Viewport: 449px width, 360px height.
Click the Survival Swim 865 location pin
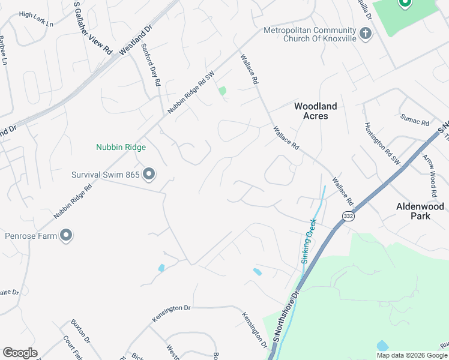click(x=149, y=175)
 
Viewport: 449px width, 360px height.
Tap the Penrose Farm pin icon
click(x=67, y=236)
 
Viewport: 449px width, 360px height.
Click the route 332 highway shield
click(x=348, y=215)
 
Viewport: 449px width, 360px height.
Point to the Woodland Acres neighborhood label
click(x=315, y=111)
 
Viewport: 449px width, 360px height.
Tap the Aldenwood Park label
click(x=420, y=211)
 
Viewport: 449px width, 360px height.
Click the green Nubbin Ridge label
click(x=121, y=147)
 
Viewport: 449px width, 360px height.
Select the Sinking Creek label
click(x=307, y=241)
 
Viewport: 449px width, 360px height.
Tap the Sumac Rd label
click(x=415, y=122)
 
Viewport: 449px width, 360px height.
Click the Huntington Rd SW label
click(x=381, y=143)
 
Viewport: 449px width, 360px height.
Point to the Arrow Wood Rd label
click(x=429, y=176)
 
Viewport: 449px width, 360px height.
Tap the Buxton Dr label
click(x=80, y=331)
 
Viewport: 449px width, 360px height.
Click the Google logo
click(x=20, y=353)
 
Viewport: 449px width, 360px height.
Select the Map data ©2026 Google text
click(x=411, y=355)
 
